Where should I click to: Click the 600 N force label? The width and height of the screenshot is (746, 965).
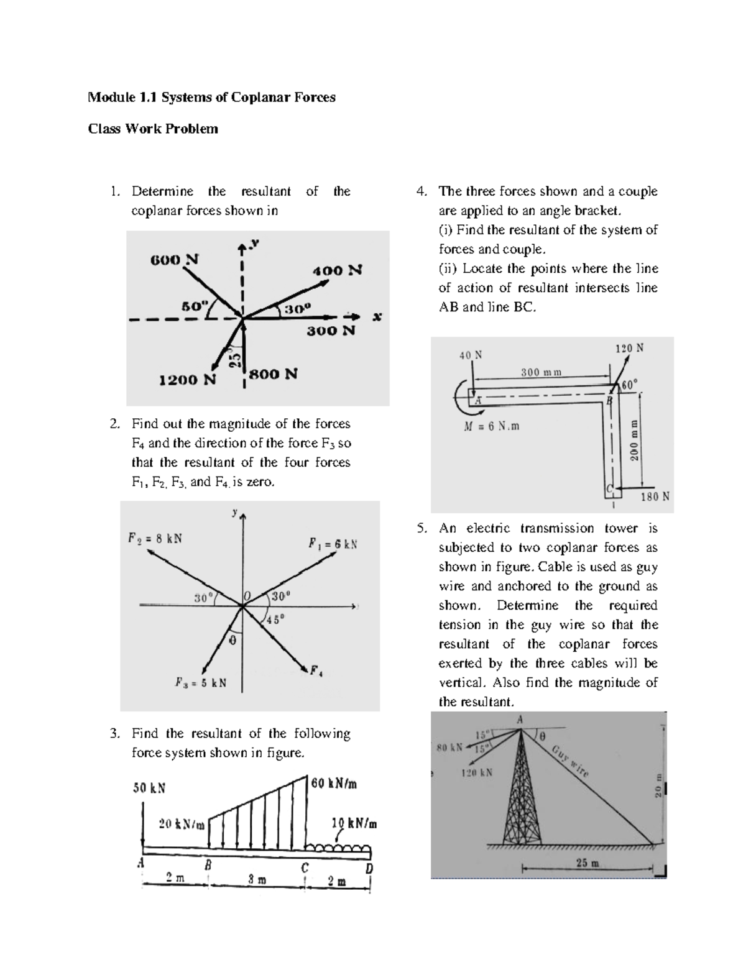174,260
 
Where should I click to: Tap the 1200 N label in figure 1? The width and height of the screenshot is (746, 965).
187,380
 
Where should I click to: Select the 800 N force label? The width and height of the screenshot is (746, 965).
274,374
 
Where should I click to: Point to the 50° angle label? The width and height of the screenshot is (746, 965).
193,306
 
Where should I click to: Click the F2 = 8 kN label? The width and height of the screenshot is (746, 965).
155,538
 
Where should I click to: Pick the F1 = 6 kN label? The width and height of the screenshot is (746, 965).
333,544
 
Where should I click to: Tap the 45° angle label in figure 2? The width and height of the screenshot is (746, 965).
275,620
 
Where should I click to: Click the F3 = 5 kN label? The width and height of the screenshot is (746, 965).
200,683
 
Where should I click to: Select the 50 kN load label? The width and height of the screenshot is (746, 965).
149,788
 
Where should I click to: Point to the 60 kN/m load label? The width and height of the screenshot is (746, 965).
334,784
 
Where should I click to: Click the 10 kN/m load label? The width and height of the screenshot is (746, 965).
354,825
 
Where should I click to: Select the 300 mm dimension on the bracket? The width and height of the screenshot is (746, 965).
541,372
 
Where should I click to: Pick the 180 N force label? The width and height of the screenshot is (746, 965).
655,497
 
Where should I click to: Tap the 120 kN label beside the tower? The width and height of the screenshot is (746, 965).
476,773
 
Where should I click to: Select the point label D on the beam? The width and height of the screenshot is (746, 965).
369,867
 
